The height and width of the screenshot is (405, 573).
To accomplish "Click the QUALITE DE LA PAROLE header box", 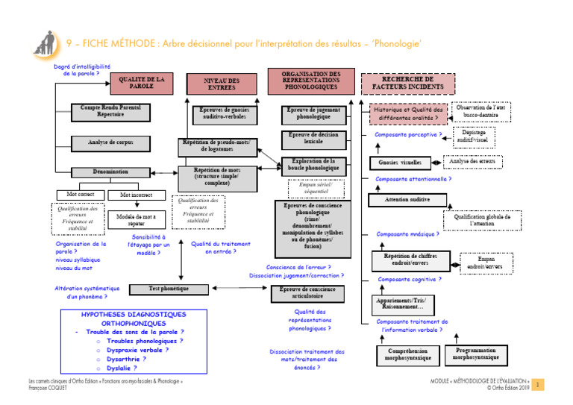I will [141, 81].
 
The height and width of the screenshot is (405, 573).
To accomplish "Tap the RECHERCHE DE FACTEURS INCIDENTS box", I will [407, 83].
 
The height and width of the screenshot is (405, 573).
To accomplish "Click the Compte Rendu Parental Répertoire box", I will [110, 112].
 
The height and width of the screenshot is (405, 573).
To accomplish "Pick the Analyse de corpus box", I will [110, 141].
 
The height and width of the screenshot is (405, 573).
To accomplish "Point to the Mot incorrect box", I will [136, 195].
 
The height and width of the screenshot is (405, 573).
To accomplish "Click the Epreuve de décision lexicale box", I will [313, 137].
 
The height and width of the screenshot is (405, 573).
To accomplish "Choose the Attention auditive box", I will [406, 200].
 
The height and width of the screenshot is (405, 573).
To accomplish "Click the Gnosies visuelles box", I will [400, 163].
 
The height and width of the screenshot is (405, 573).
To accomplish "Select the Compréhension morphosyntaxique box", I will [407, 354].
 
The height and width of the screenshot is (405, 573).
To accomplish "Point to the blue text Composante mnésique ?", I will [407, 234].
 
